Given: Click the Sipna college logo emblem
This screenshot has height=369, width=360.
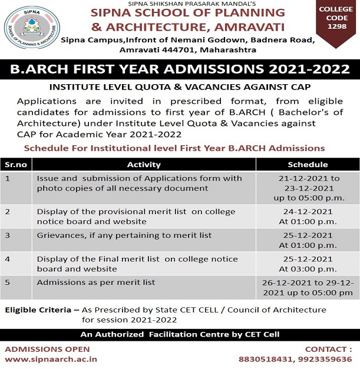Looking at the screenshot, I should [32, 28].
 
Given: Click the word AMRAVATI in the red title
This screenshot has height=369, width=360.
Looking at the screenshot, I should [242, 26].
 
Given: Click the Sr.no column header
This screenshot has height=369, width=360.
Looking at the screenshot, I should [15, 164].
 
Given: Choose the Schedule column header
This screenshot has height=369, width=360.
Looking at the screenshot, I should [308, 164].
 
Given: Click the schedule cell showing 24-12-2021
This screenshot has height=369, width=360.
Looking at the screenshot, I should [308, 216].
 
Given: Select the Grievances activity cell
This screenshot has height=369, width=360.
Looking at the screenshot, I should [124, 235].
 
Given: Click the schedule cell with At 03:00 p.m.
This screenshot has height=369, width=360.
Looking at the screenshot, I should [308, 268].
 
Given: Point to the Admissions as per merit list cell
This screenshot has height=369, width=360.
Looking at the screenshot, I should [96, 282].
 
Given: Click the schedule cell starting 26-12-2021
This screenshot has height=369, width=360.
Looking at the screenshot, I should [308, 287].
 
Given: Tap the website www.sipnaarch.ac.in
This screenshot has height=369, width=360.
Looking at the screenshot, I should [51, 358].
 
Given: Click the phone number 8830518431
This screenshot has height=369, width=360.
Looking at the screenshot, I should [265, 358].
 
